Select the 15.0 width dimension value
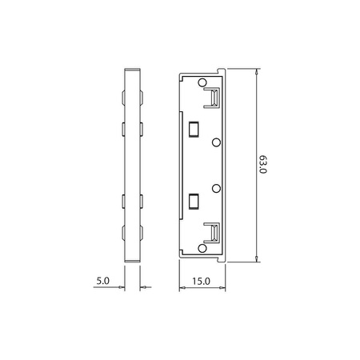201,281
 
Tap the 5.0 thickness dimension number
102,281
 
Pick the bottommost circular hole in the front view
200,247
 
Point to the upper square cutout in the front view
193,127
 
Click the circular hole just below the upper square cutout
216,142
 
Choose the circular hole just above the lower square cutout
216,188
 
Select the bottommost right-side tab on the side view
142,234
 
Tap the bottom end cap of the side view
132,258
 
